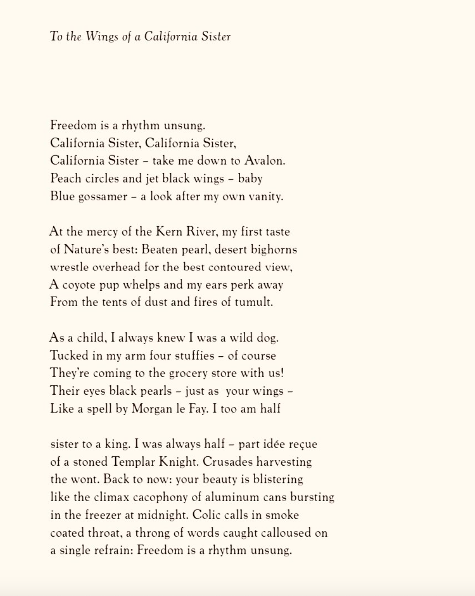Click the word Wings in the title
click(102, 37)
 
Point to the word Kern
click(169, 232)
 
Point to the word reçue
click(303, 444)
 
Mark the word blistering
click(278, 479)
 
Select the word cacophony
click(160, 497)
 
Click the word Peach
click(65, 179)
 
